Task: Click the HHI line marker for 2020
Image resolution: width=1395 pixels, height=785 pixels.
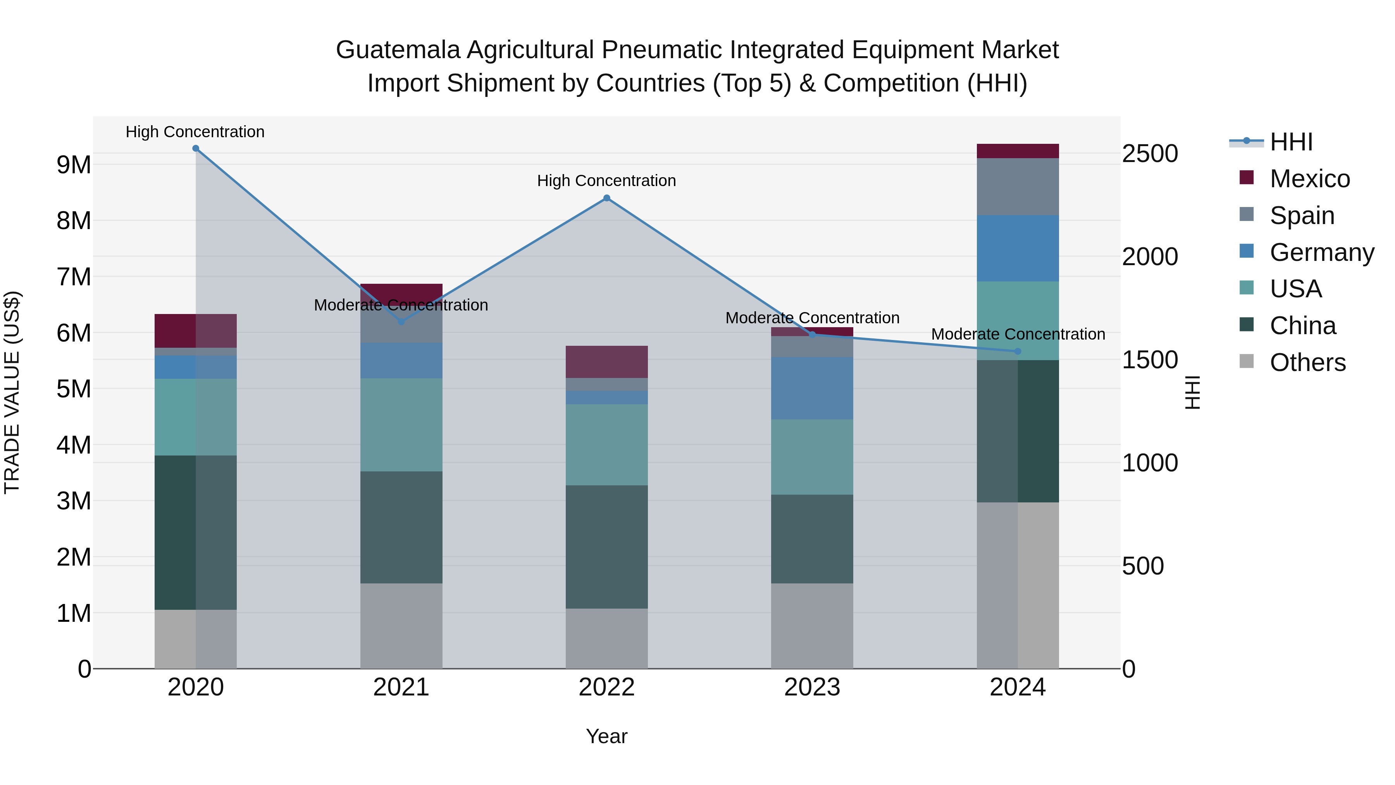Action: coord(196,148)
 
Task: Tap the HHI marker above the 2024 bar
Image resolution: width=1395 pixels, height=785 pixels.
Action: coord(1018,352)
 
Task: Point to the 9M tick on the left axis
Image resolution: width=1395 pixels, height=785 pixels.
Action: coord(74,165)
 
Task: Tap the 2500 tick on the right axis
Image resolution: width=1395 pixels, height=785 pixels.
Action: coord(1149,154)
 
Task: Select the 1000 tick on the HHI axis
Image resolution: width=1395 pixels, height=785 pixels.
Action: coord(1149,463)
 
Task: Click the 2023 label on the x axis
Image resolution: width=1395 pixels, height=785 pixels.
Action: coord(812,687)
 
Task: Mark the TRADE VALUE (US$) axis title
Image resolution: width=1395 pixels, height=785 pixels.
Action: coord(12,392)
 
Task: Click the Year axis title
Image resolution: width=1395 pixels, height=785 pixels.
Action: coord(606,736)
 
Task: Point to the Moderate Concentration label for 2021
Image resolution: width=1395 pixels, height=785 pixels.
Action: coord(401,305)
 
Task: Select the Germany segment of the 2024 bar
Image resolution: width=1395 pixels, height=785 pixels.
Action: coord(1018,248)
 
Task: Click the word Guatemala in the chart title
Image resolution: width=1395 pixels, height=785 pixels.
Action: coord(398,50)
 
